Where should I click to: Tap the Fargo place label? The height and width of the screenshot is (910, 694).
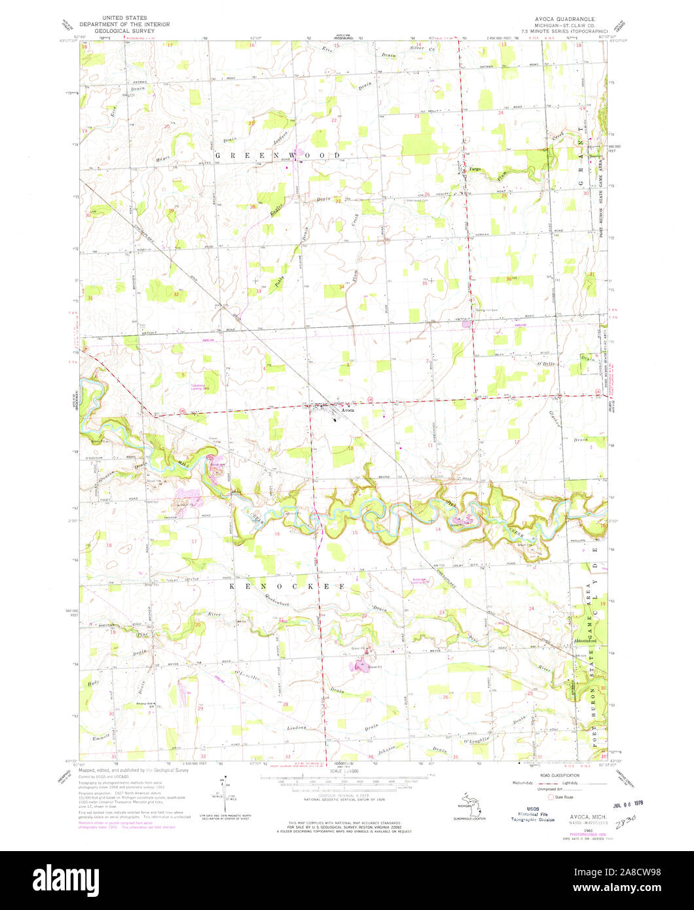(475, 170)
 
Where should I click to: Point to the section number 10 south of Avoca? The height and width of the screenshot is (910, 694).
(350, 448)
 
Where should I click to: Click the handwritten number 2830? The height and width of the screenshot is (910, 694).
(627, 818)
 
